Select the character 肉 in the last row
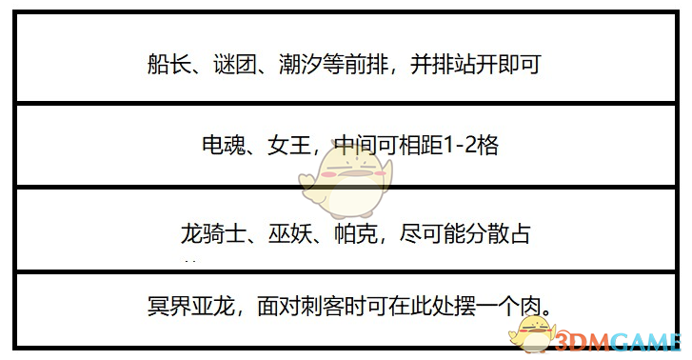(x=537, y=308)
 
